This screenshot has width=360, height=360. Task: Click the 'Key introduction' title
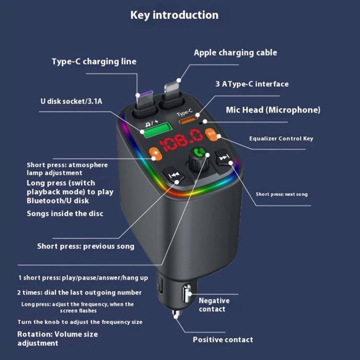click(x=174, y=15)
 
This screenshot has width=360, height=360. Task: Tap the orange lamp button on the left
click(x=155, y=155)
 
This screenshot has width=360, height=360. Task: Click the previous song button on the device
click(x=174, y=175)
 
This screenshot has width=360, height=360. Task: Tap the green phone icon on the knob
click(x=197, y=155)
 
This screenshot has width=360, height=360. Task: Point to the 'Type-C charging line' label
click(x=94, y=61)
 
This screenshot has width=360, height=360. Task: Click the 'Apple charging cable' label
click(x=235, y=52)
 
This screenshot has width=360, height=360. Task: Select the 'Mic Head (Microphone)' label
click(x=273, y=110)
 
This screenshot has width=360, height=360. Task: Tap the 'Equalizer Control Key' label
click(x=281, y=139)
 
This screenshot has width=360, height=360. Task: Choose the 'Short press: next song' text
click(x=281, y=194)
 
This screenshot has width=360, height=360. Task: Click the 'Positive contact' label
click(x=223, y=339)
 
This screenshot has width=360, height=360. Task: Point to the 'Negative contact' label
click(x=214, y=305)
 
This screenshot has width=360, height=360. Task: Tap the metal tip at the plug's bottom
click(x=176, y=314)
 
